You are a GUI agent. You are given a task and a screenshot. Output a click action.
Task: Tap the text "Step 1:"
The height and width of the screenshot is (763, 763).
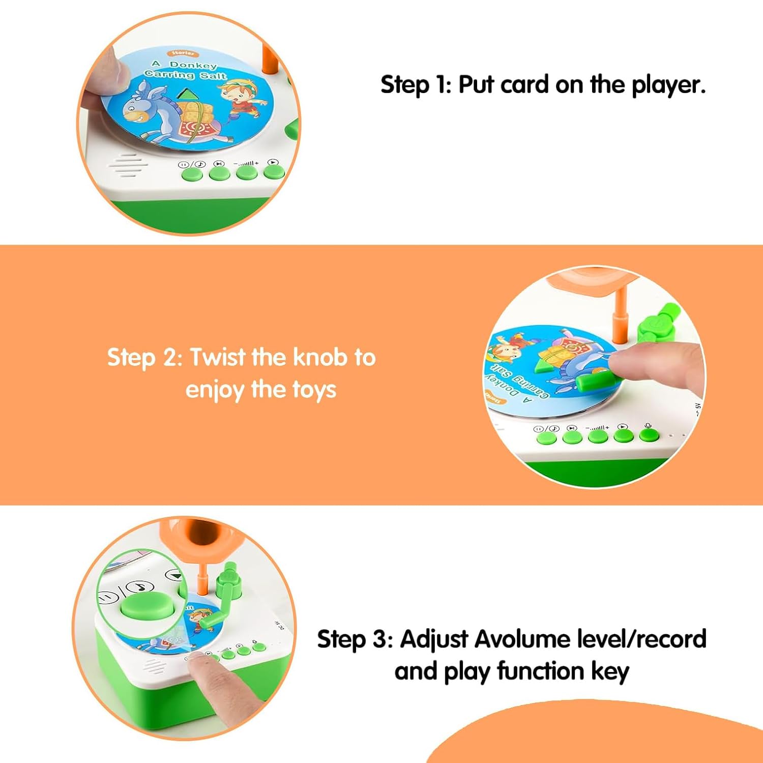tap(416, 84)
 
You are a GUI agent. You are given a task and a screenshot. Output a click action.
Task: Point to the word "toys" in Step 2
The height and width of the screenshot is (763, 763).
tap(314, 391)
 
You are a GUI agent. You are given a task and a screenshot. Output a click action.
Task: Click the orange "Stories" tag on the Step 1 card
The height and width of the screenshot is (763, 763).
tap(183, 52)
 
